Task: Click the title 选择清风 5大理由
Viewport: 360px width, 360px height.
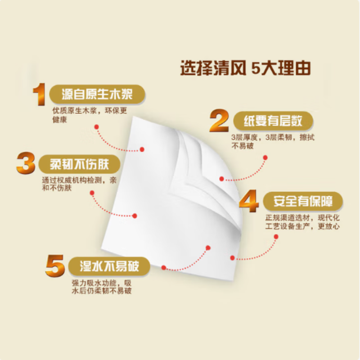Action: click(x=246, y=69)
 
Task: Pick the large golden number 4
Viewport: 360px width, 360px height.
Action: click(x=248, y=202)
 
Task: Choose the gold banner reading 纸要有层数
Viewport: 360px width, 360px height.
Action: click(x=273, y=121)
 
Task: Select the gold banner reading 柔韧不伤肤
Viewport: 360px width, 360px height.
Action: click(x=79, y=163)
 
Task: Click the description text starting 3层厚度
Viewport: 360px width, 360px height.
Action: click(x=273, y=141)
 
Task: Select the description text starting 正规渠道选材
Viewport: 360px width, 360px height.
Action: click(x=301, y=222)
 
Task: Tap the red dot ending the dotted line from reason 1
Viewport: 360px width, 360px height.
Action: click(x=142, y=149)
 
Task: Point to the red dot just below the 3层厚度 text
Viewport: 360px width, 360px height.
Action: click(x=265, y=157)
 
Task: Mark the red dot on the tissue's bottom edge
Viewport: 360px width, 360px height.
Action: click(x=164, y=267)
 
